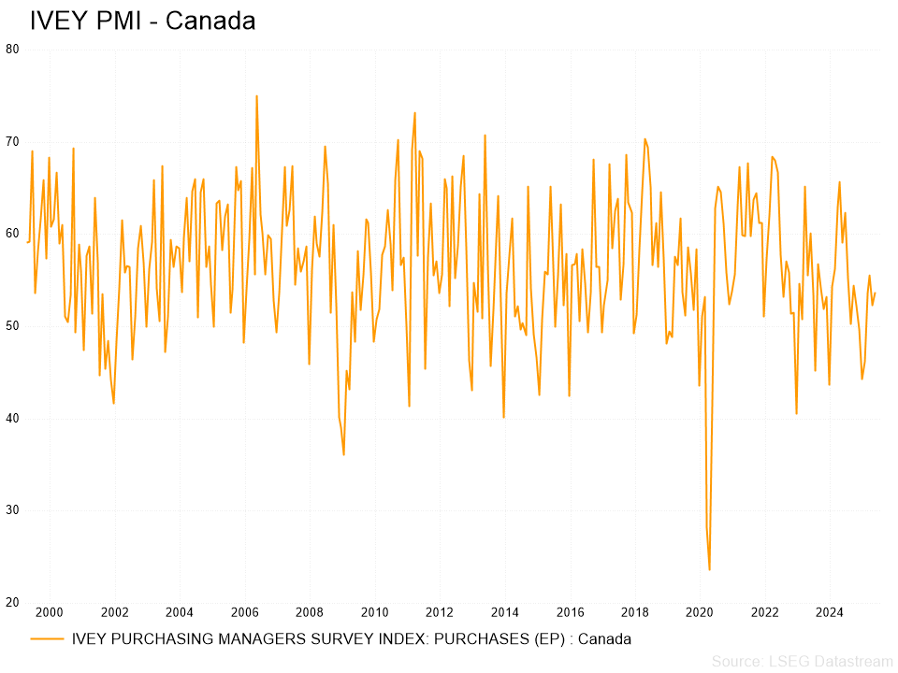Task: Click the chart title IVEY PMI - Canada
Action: pos(142,21)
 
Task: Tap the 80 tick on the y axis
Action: pos(12,50)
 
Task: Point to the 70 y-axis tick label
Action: pos(12,142)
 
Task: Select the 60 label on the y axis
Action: pos(12,234)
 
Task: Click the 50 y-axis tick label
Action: pos(12,326)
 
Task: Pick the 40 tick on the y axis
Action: pos(12,418)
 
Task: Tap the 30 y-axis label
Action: pos(12,510)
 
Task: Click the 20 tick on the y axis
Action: pos(12,602)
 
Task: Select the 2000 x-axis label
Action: pos(49,613)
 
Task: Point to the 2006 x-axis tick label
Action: pos(244,613)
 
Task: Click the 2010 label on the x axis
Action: pos(374,613)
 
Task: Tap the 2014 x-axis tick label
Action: pos(505,613)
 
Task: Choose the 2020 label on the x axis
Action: pos(700,613)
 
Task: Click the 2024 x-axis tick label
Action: pos(830,613)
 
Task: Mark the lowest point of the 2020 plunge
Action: pos(709,569)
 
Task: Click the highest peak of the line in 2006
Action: pos(256,96)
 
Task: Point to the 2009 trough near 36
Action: pos(344,454)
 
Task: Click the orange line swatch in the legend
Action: pos(48,639)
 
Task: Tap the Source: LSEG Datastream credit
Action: pos(802,662)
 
